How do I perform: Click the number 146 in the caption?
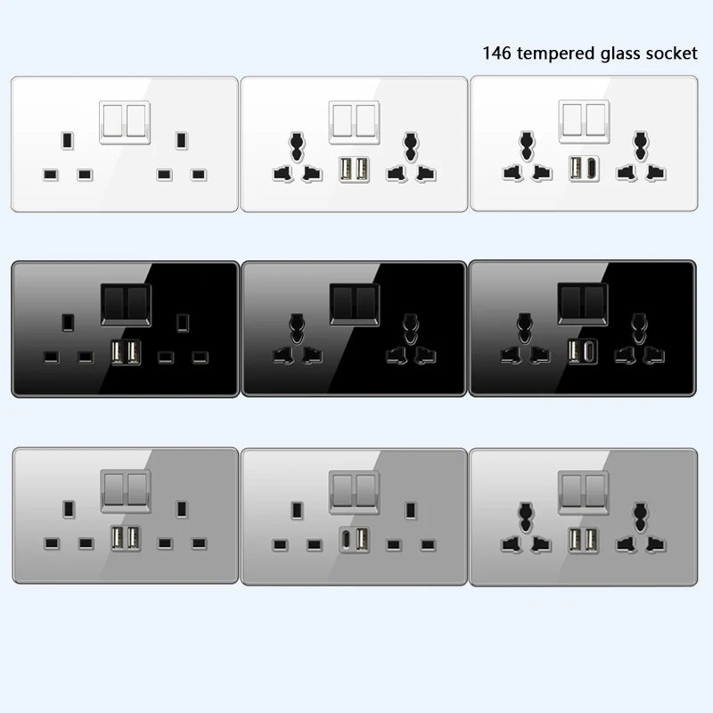coord(496,53)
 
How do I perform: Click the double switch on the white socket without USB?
coord(124,120)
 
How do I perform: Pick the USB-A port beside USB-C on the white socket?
coord(577,167)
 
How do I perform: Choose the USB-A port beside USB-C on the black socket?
coord(577,353)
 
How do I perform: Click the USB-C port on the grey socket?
coord(344,541)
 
